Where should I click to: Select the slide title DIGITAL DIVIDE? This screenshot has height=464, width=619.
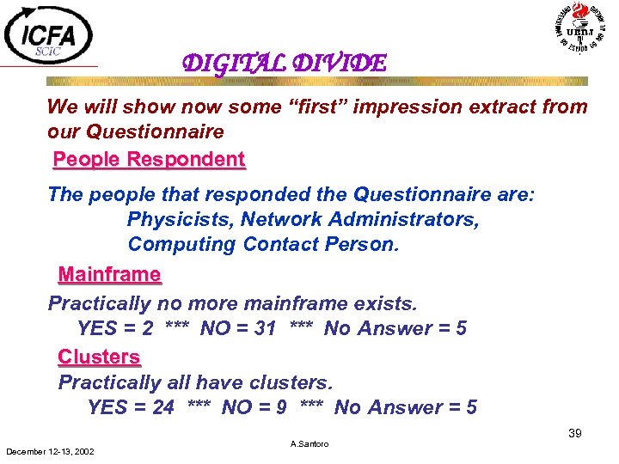(x=284, y=63)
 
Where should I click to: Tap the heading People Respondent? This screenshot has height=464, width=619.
(x=149, y=159)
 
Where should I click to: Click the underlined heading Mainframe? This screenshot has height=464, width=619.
(x=109, y=275)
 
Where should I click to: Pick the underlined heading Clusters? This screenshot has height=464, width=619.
(x=99, y=356)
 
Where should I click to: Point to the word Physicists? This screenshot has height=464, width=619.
(x=180, y=220)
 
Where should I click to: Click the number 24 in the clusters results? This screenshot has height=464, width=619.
(x=163, y=407)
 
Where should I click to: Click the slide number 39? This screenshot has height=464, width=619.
(x=574, y=434)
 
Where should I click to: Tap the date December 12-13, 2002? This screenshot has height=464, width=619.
(x=50, y=451)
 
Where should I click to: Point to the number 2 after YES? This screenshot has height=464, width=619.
(x=148, y=328)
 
